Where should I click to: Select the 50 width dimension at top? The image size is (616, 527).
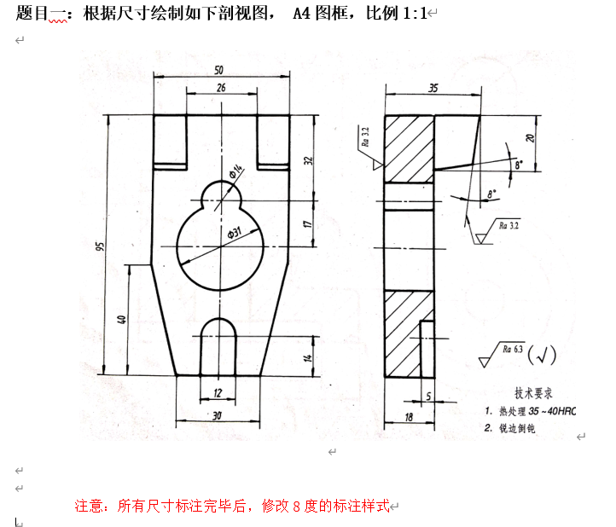click(219, 69)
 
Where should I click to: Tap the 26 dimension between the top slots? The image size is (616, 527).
click(221, 88)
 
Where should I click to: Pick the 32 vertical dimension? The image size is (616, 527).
click(308, 159)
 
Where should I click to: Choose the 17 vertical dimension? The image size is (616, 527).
click(308, 223)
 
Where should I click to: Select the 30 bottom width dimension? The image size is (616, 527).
click(218, 415)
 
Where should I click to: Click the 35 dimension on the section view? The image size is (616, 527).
click(433, 88)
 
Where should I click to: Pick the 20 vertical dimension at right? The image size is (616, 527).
click(529, 138)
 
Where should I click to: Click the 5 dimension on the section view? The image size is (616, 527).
click(428, 396)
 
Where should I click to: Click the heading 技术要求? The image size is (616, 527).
click(534, 393)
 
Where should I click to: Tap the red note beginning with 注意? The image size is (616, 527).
click(231, 506)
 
